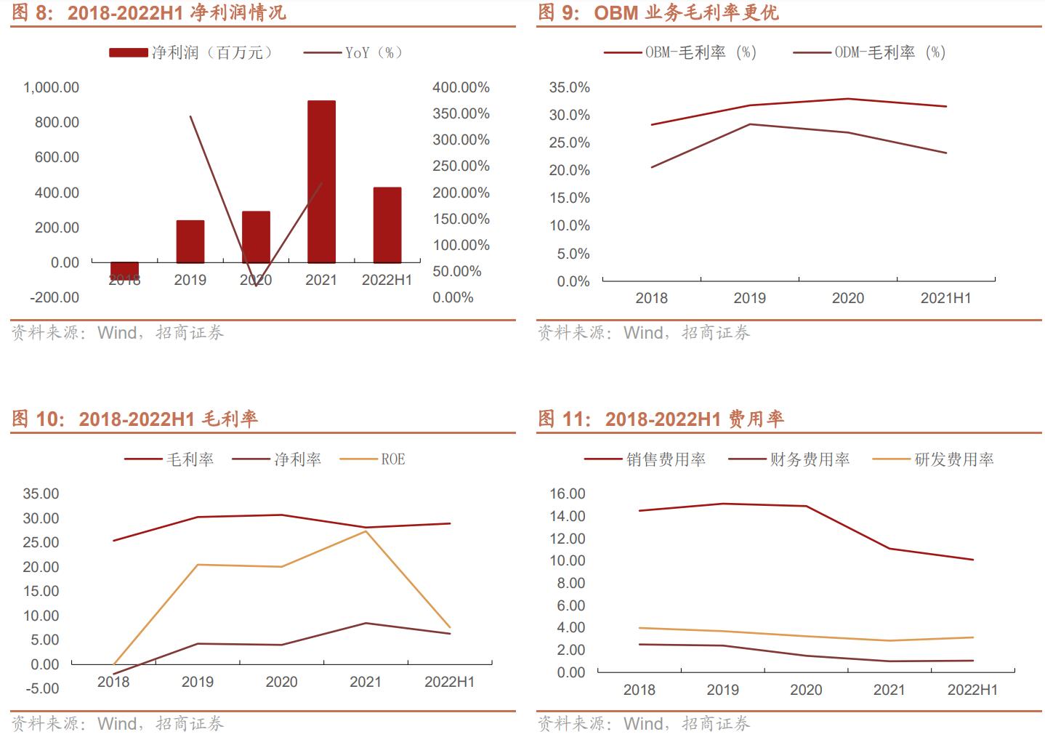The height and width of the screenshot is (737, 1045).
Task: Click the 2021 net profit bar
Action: click(x=321, y=182)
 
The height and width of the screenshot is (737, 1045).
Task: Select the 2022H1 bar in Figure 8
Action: click(x=387, y=225)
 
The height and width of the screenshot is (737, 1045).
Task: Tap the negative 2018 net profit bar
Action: click(x=124, y=270)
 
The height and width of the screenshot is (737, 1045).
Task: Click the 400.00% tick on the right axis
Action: click(x=461, y=87)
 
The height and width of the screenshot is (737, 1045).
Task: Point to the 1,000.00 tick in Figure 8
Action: click(x=51, y=87)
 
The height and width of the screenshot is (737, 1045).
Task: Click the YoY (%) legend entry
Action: click(x=352, y=52)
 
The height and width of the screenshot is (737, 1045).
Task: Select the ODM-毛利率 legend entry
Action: click(x=870, y=52)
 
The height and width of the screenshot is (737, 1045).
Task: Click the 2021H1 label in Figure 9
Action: click(x=945, y=298)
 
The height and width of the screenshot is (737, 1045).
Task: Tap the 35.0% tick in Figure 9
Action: click(x=569, y=87)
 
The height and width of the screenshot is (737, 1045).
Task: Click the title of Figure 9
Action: click(x=658, y=12)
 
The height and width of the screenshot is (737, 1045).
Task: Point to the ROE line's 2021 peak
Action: click(x=366, y=531)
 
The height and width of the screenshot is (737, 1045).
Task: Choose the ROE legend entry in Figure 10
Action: click(x=373, y=459)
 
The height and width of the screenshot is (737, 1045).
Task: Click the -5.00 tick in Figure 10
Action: click(x=41, y=688)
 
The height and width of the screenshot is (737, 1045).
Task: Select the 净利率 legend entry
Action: click(x=277, y=459)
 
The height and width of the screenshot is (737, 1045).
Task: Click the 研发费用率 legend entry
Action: click(x=933, y=459)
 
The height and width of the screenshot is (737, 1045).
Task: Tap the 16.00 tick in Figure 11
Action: click(x=568, y=494)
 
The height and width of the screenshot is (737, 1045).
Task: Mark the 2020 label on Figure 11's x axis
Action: click(x=806, y=690)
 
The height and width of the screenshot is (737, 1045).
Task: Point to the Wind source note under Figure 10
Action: click(x=117, y=723)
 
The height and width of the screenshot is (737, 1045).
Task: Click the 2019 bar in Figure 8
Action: click(x=190, y=241)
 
